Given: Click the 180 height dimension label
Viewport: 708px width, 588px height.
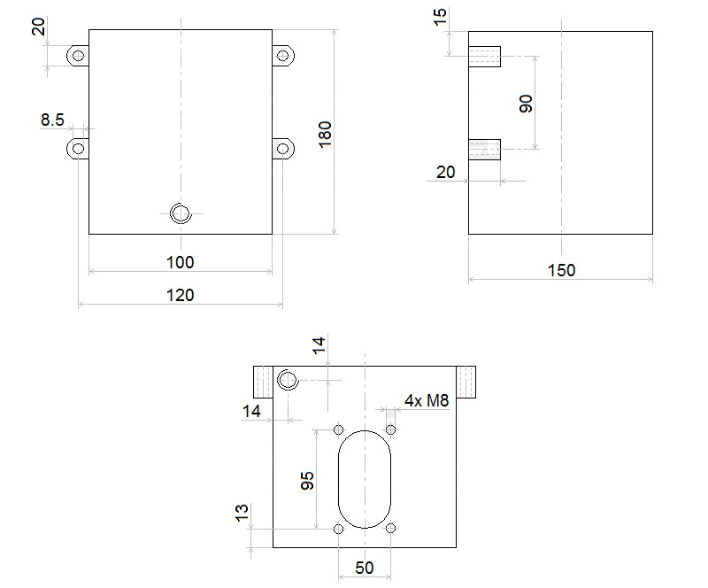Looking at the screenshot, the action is (x=325, y=134).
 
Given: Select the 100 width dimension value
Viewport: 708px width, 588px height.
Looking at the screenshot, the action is (x=181, y=262).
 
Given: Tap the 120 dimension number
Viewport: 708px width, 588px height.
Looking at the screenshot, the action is (x=181, y=295).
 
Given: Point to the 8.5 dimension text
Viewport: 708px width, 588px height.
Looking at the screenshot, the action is (x=52, y=120).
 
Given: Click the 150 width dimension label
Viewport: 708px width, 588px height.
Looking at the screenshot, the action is (x=561, y=270).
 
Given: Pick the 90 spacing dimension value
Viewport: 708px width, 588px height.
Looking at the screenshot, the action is (x=526, y=104).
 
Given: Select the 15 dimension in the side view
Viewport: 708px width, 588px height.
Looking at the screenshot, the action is (x=439, y=17).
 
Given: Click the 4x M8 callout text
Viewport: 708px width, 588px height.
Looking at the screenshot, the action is (x=427, y=400).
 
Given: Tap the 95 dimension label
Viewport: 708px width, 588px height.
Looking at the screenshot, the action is (x=307, y=481).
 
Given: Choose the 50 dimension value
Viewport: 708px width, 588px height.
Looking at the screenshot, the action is (x=364, y=568).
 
